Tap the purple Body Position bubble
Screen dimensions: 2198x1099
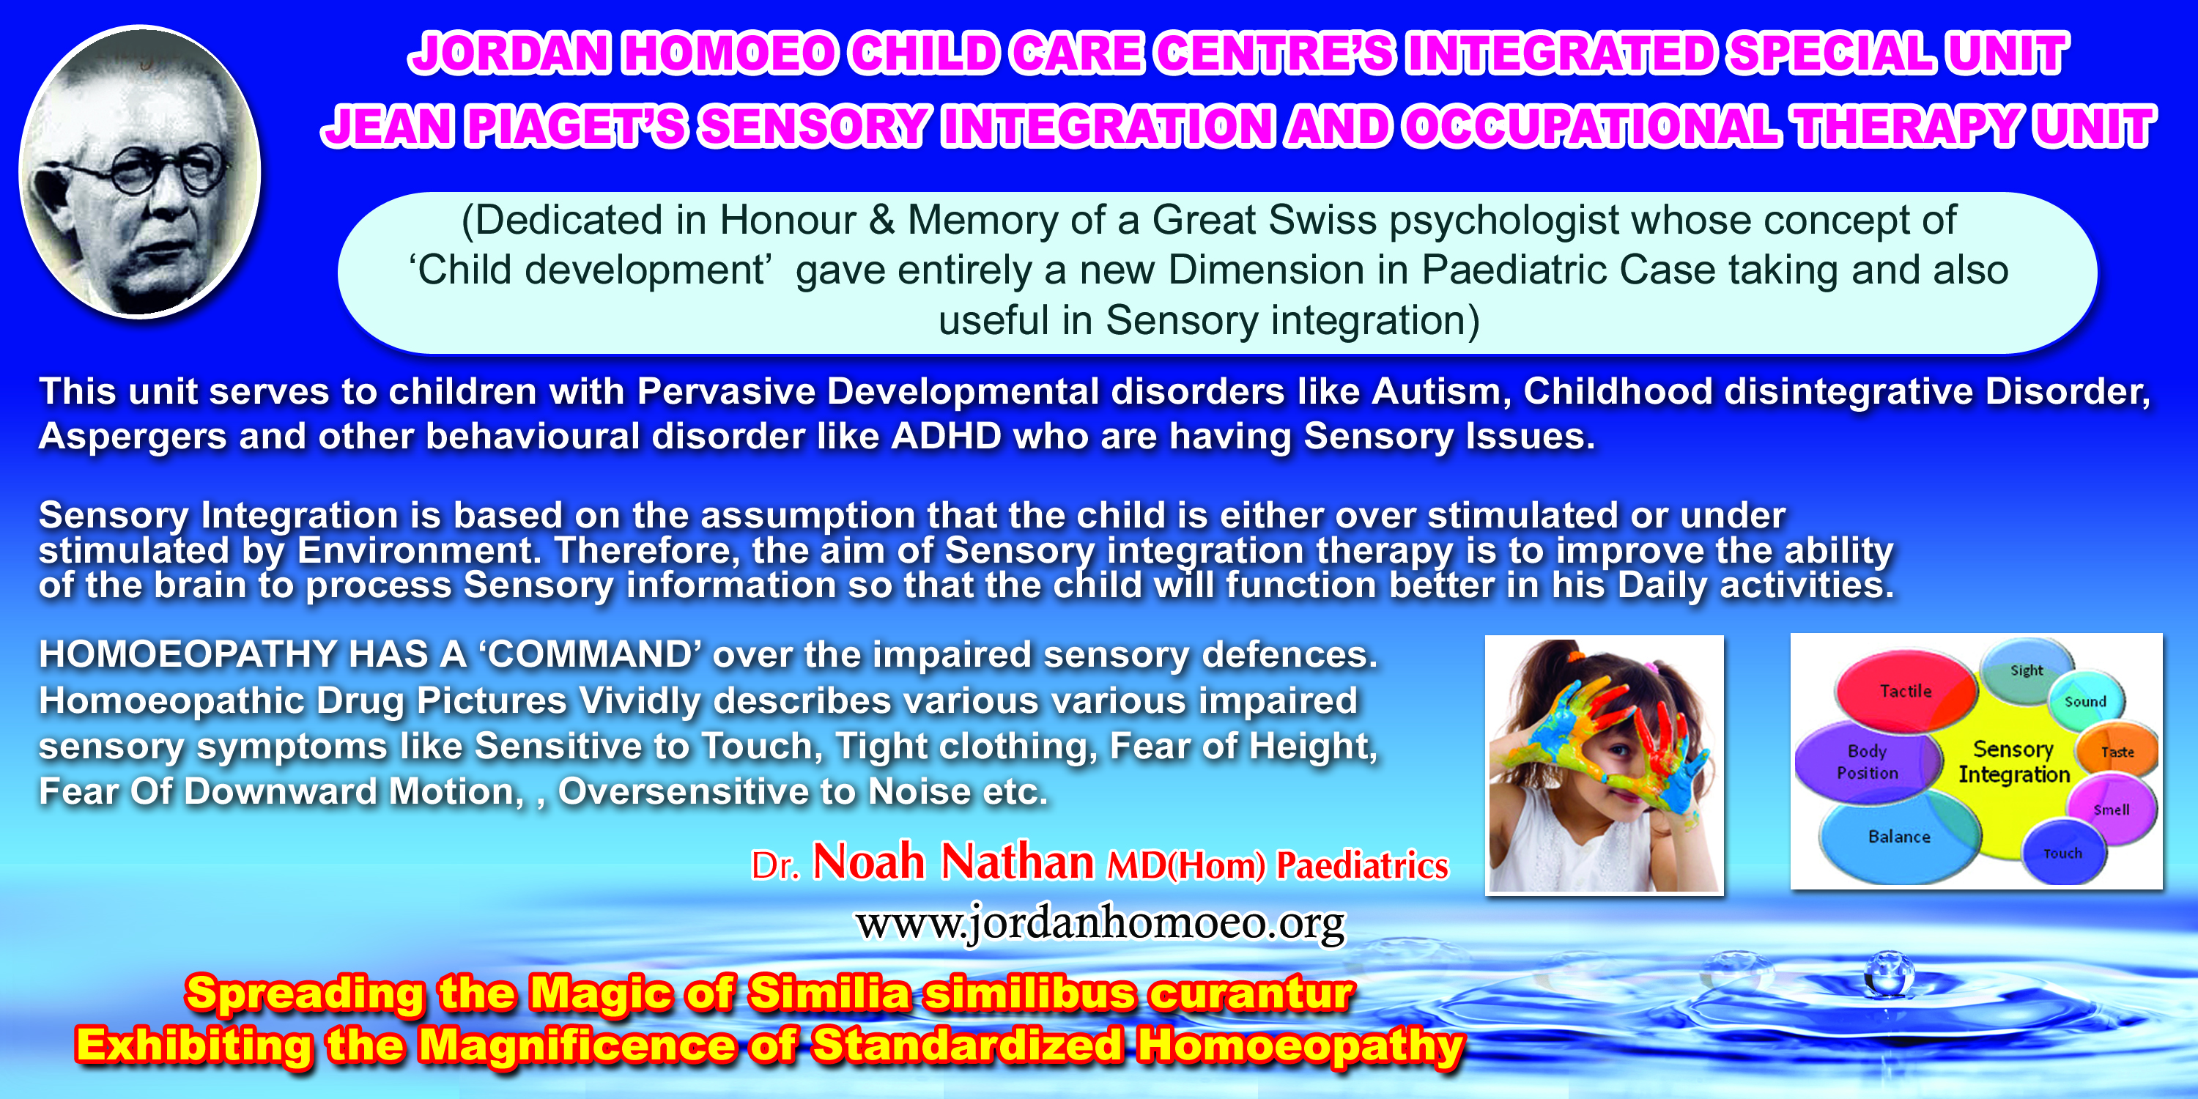click(x=1867, y=762)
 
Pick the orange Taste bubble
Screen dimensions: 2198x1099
click(x=2117, y=752)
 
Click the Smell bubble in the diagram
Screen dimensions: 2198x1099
click(x=2111, y=809)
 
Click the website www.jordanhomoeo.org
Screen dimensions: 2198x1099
click(x=1100, y=924)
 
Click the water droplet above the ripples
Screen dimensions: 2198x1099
click(x=1889, y=974)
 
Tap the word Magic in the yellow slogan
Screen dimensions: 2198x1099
click(x=600, y=994)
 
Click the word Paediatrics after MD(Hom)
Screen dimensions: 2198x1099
click(x=1362, y=865)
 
